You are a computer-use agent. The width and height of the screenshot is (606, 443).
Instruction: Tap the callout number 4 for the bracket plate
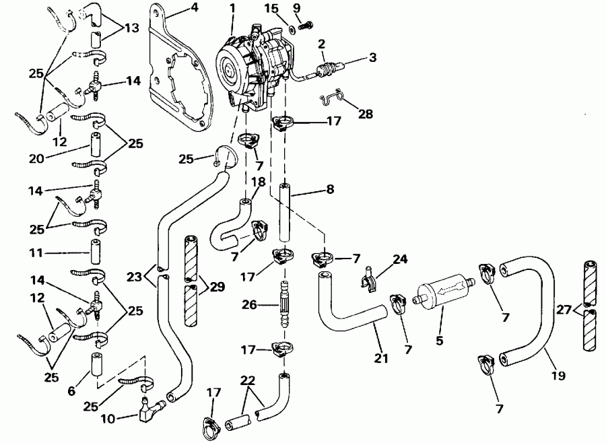tap(176, 8)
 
